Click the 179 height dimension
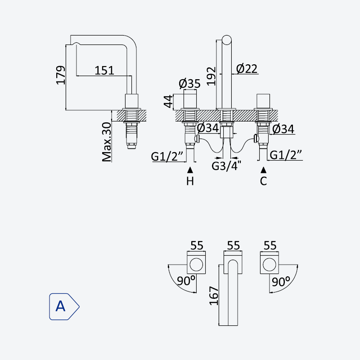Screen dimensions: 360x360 pyautogui.click(x=61, y=75)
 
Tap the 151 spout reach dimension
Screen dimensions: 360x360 pyautogui.click(x=104, y=71)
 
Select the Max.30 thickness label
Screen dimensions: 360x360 pyautogui.click(x=107, y=142)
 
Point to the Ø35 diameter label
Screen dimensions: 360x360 pyautogui.click(x=189, y=83)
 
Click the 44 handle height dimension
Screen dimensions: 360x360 pyautogui.click(x=168, y=101)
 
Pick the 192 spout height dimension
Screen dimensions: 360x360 pyautogui.click(x=211, y=76)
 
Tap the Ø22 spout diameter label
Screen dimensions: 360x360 pyautogui.click(x=247, y=69)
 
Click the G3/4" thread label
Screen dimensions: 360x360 pyautogui.click(x=226, y=166)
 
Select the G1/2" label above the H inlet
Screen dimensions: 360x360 pyautogui.click(x=167, y=157)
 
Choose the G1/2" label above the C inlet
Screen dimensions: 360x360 pyautogui.click(x=286, y=155)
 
